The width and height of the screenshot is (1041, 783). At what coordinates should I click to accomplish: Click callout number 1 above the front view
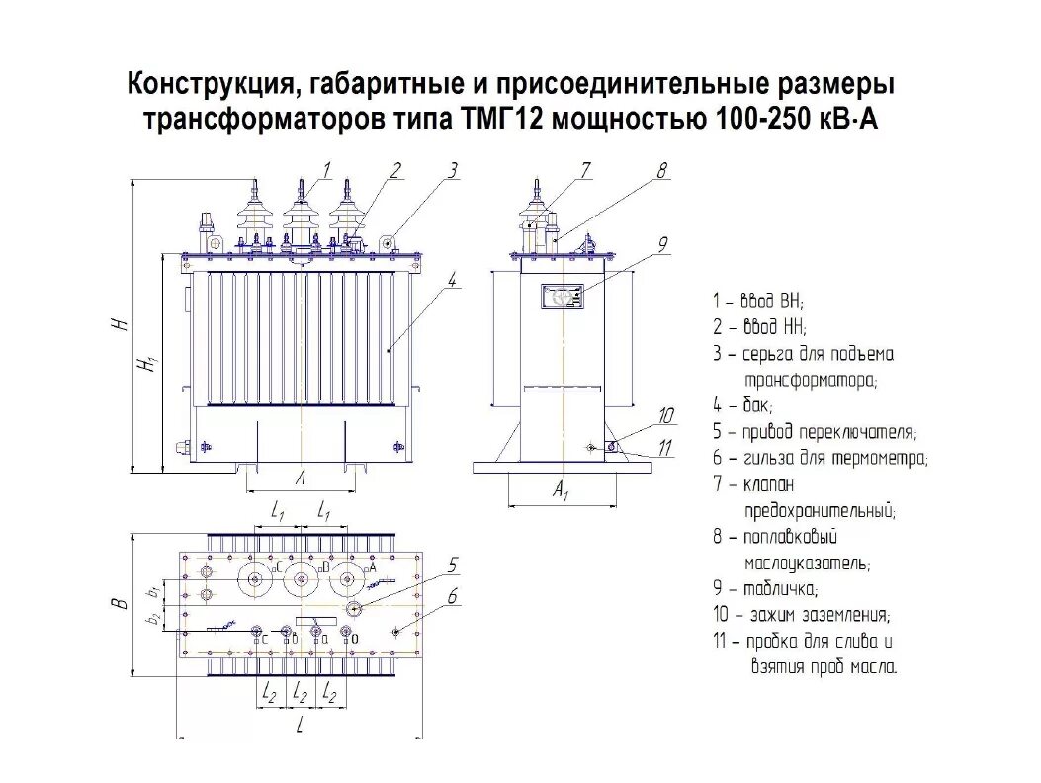[326, 169]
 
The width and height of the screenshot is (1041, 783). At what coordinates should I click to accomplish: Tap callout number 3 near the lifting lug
[452, 169]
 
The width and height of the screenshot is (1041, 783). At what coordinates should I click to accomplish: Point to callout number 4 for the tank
[452, 280]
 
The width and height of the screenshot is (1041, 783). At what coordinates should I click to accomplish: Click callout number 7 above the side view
[585, 169]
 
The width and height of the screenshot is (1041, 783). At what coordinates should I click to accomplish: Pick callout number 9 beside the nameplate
[663, 243]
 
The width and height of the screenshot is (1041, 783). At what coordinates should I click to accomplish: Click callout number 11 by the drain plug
[665, 448]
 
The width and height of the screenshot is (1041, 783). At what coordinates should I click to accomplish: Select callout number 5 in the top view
[452, 565]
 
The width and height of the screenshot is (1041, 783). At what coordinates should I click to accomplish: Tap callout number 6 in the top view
[452, 595]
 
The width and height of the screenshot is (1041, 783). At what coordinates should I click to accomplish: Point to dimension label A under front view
[300, 478]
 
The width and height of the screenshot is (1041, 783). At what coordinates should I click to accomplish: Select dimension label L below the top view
[300, 728]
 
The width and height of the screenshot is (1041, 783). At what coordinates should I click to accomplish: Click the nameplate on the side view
[561, 297]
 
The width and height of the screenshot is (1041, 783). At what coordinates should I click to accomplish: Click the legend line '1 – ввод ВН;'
[757, 301]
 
